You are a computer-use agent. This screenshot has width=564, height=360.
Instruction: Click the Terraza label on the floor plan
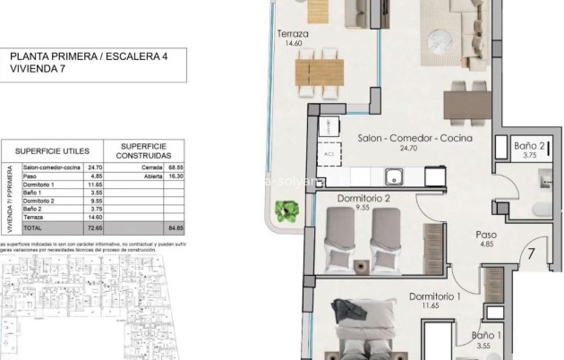click(293, 34)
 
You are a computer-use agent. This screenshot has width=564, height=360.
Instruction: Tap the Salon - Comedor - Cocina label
click(400, 139)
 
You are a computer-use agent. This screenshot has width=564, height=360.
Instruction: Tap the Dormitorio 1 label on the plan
click(435, 296)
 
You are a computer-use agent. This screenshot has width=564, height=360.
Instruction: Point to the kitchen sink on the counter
click(392, 176)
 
